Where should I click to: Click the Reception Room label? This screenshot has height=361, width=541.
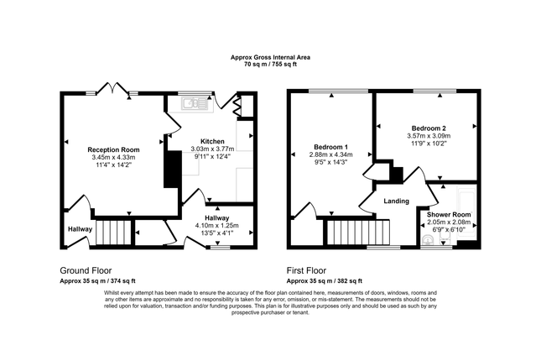[113, 150]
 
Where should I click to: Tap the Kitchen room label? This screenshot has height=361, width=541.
[212, 141]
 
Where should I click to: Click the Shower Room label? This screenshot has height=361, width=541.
[449, 215]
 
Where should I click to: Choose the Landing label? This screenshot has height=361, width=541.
[397, 201]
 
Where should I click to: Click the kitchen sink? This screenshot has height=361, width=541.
[195, 103]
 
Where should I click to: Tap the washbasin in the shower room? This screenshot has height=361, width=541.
[428, 239]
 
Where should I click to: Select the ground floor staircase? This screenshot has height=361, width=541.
[113, 233]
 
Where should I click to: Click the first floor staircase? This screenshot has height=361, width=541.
[358, 233]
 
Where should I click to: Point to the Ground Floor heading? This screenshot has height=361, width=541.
[86, 270]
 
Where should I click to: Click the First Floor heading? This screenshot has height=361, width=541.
[306, 270]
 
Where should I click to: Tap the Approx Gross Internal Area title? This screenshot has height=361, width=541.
[270, 57]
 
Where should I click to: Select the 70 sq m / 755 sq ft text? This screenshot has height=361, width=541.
[270, 64]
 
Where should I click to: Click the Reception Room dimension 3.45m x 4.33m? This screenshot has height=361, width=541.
[113, 157]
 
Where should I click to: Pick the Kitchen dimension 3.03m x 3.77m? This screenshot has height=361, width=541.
[212, 149]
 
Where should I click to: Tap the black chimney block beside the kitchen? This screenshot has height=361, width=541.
[173, 170]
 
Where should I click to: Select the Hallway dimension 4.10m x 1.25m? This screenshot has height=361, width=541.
[217, 226]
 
